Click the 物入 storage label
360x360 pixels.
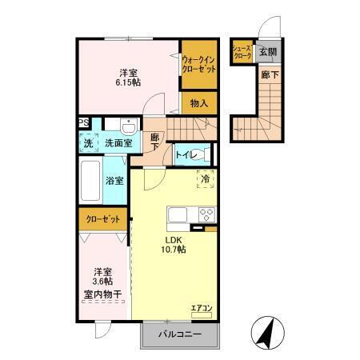click(x=198, y=102)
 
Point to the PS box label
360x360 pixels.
click(x=83, y=123)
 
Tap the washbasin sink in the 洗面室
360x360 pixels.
click(x=128, y=126)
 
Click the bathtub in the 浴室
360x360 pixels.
click(x=90, y=181)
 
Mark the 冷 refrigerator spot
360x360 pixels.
click(x=206, y=179)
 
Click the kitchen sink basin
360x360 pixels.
click(x=177, y=214)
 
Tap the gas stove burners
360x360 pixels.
click(x=205, y=214)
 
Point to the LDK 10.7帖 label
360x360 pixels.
click(x=174, y=244)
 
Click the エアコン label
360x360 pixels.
click(x=200, y=306)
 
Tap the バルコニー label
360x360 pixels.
click(x=178, y=334)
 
